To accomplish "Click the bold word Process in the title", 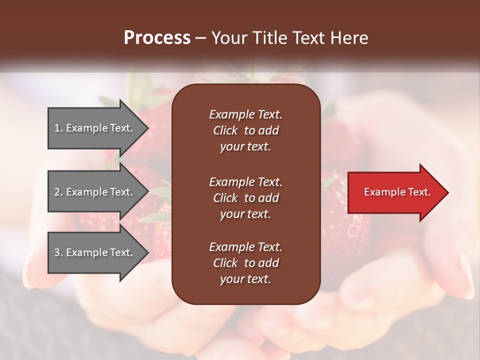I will coord(157,37).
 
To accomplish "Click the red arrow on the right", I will coord(395,192).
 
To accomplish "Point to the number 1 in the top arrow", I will coord(57,128).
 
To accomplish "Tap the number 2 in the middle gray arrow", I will coord(57,192).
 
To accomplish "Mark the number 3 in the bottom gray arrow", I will coord(57,252).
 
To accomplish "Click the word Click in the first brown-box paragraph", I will coord(225,130).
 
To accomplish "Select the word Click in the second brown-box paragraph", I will coord(225,198).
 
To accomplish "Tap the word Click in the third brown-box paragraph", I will coord(225,263).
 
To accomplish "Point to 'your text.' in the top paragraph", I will coord(245,147).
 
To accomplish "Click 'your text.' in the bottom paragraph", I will coord(245,279).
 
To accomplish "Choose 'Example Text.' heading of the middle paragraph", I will coord(245,182).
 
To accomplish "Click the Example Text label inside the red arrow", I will coord(397,192).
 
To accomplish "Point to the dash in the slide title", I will coord(200,38).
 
